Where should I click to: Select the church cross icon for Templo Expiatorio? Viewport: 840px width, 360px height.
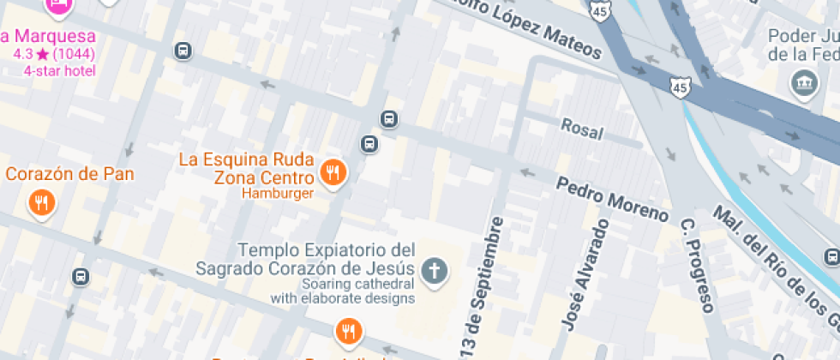pos(435,272)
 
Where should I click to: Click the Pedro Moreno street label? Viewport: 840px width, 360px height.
pos(612,198)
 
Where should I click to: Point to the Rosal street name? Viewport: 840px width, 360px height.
pos(582,129)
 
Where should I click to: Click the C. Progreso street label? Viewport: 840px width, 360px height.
pos(697,266)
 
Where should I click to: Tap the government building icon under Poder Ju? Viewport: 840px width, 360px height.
pos(804,83)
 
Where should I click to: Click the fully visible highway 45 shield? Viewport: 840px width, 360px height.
pos(681,87)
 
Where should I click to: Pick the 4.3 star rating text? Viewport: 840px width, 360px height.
pos(53,54)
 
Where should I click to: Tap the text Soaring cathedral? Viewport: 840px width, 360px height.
pos(358,284)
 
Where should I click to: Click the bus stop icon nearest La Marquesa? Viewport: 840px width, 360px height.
pos(183,51)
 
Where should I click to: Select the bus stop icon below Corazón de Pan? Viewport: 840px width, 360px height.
pos(81,277)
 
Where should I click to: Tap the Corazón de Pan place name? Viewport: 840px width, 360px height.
pos(70,174)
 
